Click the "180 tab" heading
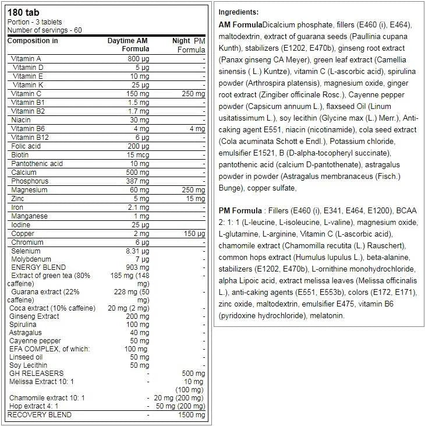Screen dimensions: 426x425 (22, 12)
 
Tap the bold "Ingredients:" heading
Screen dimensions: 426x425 (239, 12)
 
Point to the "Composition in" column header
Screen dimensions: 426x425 (33, 41)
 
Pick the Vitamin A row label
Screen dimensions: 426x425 (26, 59)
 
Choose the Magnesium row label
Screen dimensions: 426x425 (29, 190)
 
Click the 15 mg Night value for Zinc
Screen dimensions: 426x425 (196, 199)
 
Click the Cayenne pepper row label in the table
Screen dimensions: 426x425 (35, 340)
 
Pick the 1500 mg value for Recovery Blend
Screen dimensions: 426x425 (192, 415)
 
